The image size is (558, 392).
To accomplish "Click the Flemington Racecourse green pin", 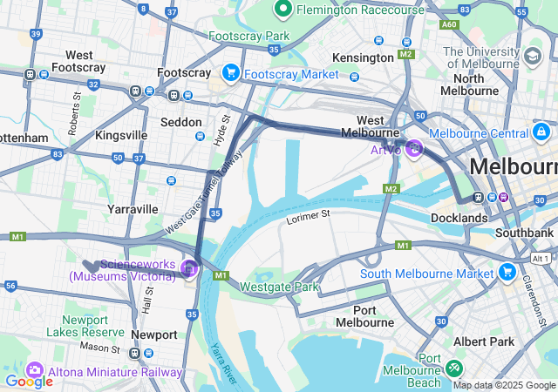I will pyautogui.click(x=282, y=10).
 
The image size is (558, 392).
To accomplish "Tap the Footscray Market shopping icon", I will pyautogui.click(x=232, y=73).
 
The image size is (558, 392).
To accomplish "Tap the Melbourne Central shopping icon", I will pyautogui.click(x=541, y=132).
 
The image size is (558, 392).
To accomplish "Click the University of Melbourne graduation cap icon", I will pyautogui.click(x=531, y=57).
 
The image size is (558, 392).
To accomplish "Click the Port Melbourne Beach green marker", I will pyautogui.click(x=453, y=368).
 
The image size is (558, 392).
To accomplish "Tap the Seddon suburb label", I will pyautogui.click(x=182, y=122).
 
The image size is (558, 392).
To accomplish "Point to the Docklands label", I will pyautogui.click(x=459, y=217).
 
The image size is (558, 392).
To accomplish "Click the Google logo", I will pyautogui.click(x=29, y=381).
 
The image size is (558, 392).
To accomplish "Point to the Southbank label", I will pyautogui.click(x=523, y=233).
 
